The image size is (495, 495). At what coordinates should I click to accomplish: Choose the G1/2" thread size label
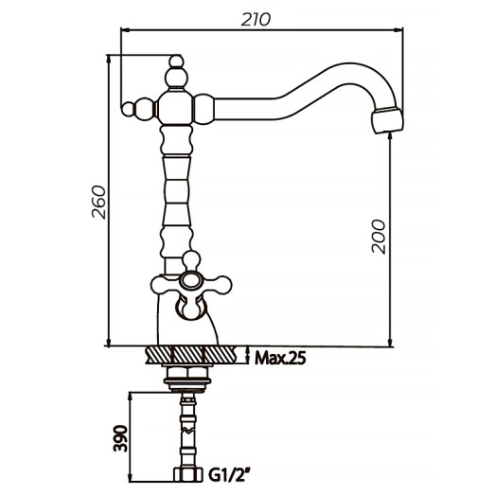[231, 472]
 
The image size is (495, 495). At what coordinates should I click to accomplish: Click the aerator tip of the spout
[386, 120]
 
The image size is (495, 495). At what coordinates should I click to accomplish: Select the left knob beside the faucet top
[139, 106]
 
